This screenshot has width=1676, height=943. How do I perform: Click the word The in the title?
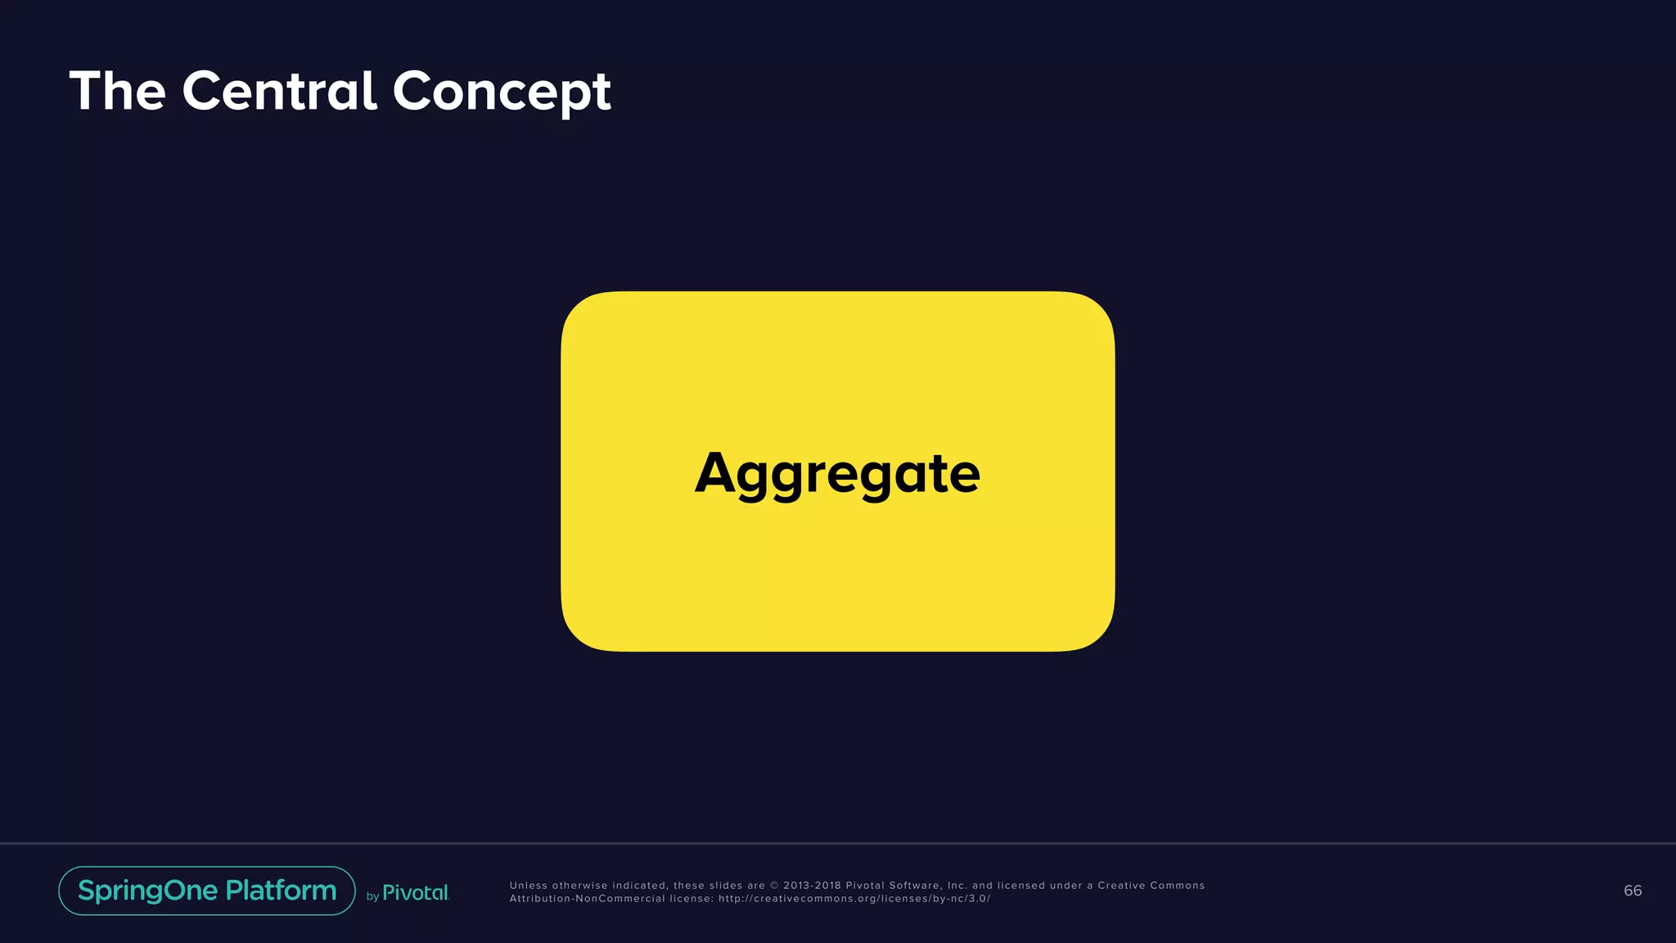118,91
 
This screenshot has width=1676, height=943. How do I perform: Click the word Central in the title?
279,91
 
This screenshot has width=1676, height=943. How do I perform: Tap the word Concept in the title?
502,92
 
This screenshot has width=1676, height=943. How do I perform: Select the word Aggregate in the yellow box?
837,473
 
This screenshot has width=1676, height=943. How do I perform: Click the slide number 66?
1632,891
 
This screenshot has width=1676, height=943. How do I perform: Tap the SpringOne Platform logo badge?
207,891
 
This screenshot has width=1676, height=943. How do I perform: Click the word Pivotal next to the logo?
416,893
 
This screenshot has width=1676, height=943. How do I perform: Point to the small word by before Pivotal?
372,896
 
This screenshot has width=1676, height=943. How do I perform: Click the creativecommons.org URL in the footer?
854,899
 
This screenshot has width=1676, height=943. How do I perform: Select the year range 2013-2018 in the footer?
812,886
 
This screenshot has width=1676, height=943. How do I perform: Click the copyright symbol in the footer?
774,886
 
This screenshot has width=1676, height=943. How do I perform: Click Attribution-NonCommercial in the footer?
587,899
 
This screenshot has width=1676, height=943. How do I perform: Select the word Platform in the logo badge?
281,891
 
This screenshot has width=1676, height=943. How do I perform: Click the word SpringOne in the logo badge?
148,891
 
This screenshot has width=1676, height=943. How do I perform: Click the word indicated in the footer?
640,886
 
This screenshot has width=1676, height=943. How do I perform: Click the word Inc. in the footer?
957,886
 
